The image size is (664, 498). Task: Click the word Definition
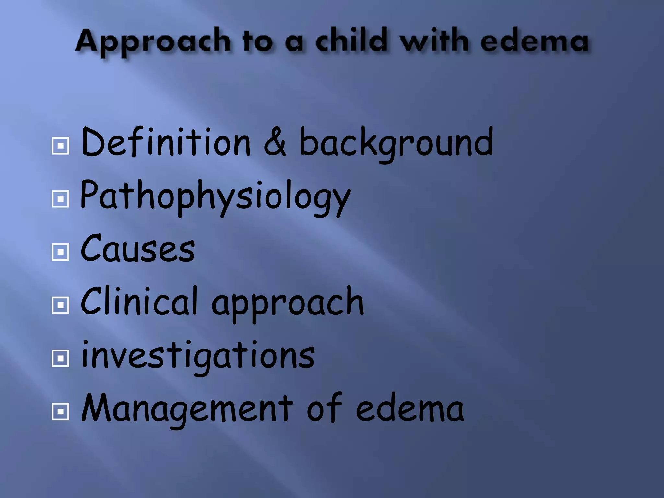click(166, 142)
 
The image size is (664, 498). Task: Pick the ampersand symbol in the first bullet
click(275, 143)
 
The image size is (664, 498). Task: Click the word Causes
click(137, 249)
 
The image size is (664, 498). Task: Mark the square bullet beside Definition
click(60, 146)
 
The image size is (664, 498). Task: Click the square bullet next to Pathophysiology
click(60, 199)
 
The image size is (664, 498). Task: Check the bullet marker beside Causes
click(60, 252)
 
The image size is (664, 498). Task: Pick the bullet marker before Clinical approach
click(60, 305)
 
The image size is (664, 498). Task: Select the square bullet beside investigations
click(60, 358)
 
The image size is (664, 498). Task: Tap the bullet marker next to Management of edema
click(60, 411)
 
